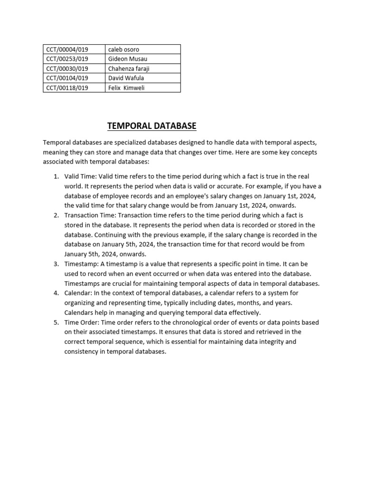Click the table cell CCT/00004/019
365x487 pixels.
pyautogui.click(x=67, y=49)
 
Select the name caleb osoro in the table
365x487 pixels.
pyautogui.click(x=124, y=49)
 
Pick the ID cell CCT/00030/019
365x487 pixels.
pyautogui.click(x=67, y=68)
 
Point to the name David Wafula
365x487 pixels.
pyautogui.click(x=126, y=78)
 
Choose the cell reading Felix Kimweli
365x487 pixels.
pyautogui.click(x=126, y=88)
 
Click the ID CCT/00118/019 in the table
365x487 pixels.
pyautogui.click(x=67, y=88)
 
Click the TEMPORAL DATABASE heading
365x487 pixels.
pyautogui.click(x=152, y=126)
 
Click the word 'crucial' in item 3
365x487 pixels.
pyautogui.click(x=119, y=283)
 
